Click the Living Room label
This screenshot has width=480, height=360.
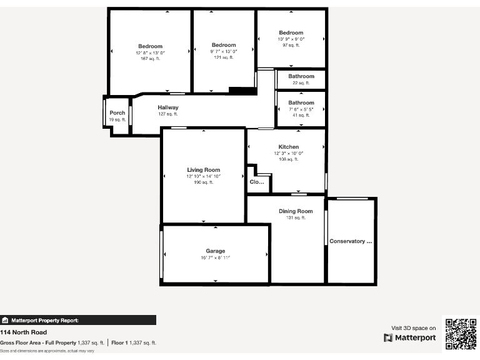tap(203, 170)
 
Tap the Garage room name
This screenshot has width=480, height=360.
tap(216, 251)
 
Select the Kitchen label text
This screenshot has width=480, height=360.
tap(288, 147)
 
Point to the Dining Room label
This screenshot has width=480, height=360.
tap(295, 211)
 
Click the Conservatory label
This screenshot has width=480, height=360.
tap(350, 241)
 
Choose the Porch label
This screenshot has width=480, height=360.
tap(117, 113)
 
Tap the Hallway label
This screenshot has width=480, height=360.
tap(167, 107)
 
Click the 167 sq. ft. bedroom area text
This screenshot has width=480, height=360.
tap(150, 59)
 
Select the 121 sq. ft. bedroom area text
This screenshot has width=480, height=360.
tap(223, 57)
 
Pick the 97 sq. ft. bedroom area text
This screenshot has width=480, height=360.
tap(291, 45)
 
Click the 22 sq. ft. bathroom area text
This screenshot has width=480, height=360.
tap(301, 82)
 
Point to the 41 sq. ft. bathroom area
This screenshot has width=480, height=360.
tap(301, 115)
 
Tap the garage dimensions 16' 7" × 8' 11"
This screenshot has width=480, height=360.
tap(216, 258)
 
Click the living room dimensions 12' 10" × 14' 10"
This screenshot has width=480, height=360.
tap(203, 176)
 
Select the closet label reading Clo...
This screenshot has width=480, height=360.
tap(257, 182)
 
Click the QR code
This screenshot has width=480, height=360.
tap(461, 333)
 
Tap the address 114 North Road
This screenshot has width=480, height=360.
tap(24, 332)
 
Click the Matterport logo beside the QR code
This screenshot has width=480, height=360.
tap(410, 337)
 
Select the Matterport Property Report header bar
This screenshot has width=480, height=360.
tap(78, 320)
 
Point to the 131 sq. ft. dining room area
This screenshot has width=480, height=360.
tap(295, 218)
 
